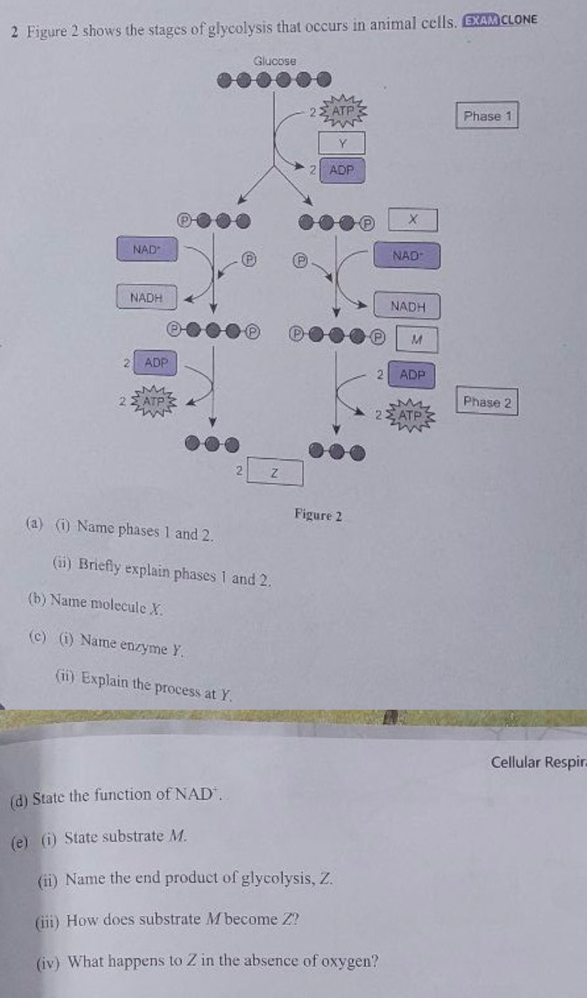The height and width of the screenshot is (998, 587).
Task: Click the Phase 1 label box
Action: [486, 116]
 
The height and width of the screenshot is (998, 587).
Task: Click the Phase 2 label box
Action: [486, 402]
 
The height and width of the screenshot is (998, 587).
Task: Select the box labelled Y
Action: [342, 143]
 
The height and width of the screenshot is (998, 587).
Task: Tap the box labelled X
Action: [413, 220]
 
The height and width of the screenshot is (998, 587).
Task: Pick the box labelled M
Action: [417, 340]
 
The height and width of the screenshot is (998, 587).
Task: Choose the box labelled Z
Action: [275, 472]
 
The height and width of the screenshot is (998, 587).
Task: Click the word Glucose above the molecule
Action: [275, 61]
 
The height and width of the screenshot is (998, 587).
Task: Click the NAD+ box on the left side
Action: [147, 249]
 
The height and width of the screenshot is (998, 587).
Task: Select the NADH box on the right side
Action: [408, 306]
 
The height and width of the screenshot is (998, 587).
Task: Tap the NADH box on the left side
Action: [147, 298]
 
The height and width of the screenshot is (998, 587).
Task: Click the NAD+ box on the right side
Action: [407, 256]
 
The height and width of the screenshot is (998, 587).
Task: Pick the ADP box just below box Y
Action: [342, 170]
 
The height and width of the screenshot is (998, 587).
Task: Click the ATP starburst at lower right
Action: [411, 415]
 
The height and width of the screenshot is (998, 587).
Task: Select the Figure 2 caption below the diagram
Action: [318, 515]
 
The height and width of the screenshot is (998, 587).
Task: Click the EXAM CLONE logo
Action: [500, 20]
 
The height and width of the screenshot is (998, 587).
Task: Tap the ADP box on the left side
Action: [155, 362]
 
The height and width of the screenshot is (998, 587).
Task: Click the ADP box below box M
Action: [412, 374]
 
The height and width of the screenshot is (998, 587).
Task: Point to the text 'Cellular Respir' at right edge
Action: [538, 762]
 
